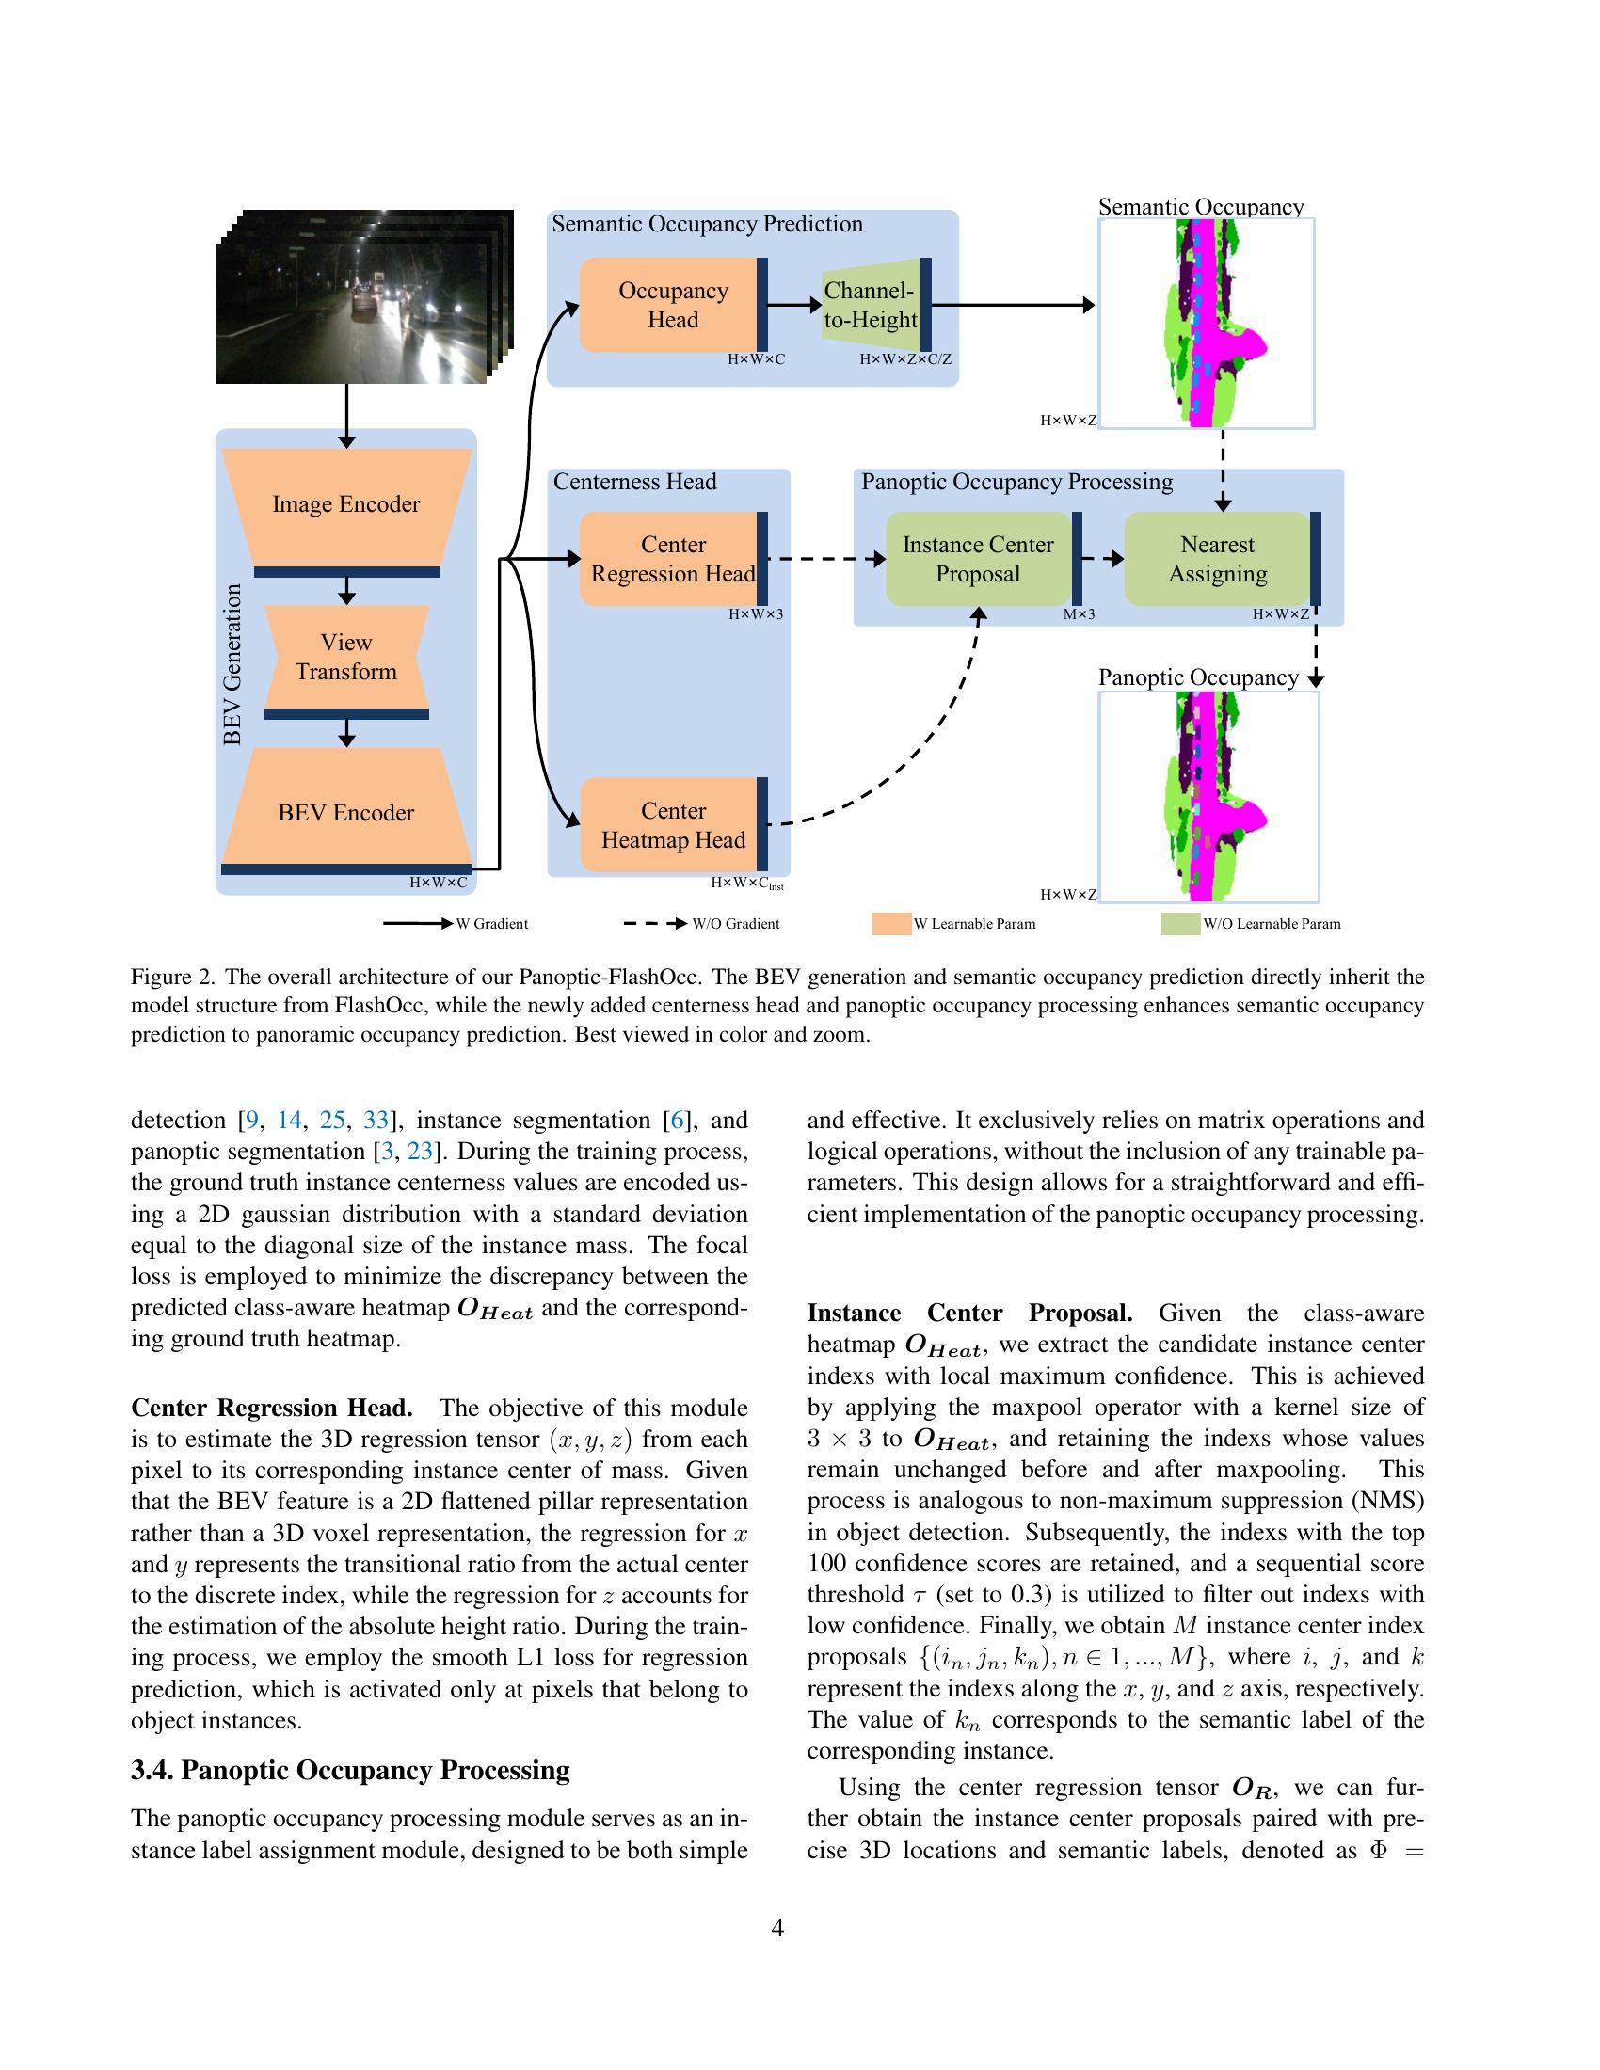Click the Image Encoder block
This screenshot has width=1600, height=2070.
point(346,504)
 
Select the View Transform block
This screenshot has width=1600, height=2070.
point(346,657)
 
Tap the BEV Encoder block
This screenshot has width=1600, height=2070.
point(346,812)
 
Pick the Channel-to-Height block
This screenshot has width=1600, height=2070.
point(872,305)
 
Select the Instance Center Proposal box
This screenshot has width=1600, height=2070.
point(977,559)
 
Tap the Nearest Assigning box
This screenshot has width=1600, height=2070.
point(1217,559)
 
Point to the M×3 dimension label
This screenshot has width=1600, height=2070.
point(1079,614)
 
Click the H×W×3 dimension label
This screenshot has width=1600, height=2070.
point(756,614)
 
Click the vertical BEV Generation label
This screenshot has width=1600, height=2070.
point(232,663)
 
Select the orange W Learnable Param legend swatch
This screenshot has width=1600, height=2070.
point(891,924)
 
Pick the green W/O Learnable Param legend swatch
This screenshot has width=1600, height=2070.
point(1180,924)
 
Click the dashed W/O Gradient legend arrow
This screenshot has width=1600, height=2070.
point(654,924)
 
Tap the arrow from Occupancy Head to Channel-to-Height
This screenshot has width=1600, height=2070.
point(793,305)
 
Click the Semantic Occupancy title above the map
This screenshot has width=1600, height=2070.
point(1201,207)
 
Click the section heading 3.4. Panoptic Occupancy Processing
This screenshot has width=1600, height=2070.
point(351,1771)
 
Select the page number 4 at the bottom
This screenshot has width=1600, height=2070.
point(777,1928)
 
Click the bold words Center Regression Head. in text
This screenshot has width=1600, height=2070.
point(272,1408)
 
